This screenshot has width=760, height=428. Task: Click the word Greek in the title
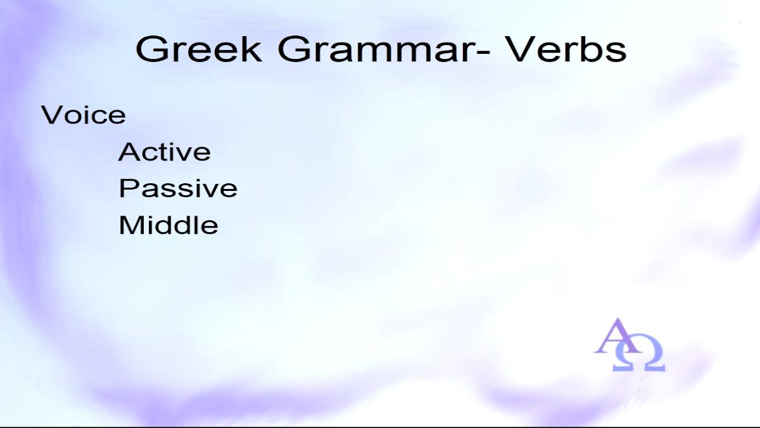(x=199, y=49)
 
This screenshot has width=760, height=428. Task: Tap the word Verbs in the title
(x=567, y=49)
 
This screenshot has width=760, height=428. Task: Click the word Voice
(x=84, y=115)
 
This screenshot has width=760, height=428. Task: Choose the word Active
(x=165, y=152)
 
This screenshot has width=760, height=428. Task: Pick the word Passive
(x=178, y=188)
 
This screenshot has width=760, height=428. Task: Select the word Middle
(x=168, y=224)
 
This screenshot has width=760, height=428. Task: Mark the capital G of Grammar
(x=293, y=49)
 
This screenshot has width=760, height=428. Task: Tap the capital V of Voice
(x=51, y=115)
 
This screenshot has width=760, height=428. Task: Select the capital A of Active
(x=129, y=152)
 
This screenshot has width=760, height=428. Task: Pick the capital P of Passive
(x=128, y=188)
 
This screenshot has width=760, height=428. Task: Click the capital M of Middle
(x=130, y=224)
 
